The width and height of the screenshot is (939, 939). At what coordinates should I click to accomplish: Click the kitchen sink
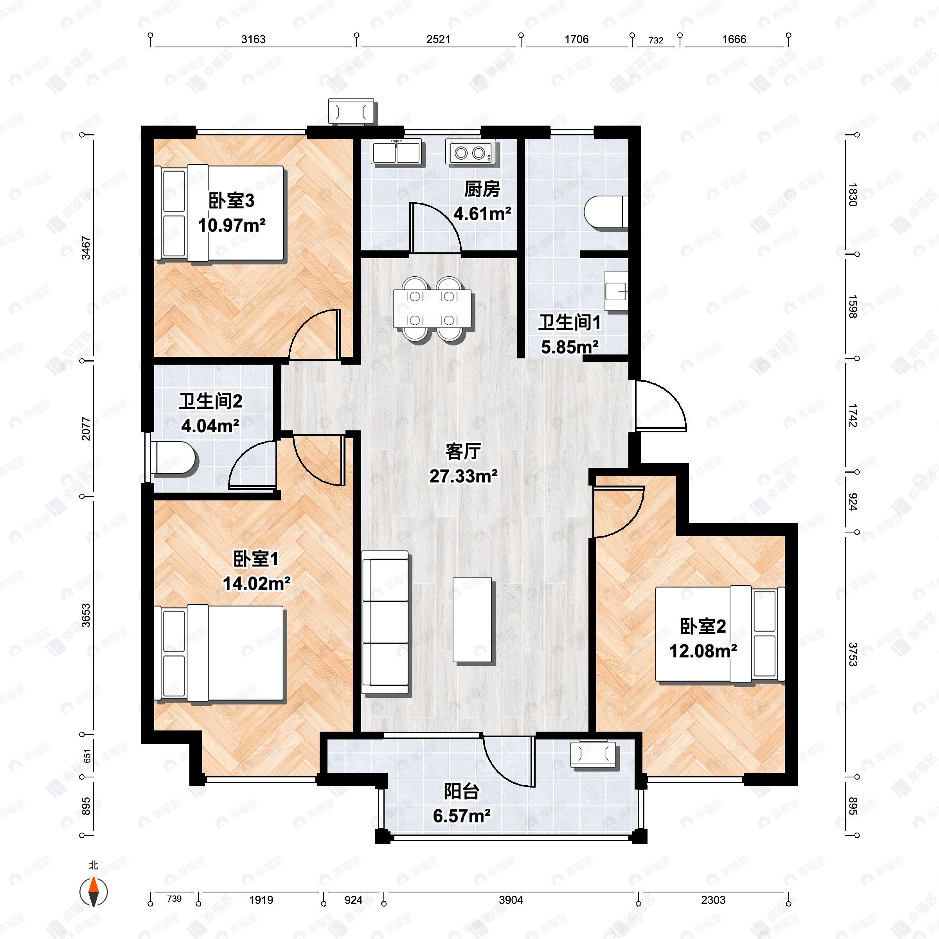(397, 152)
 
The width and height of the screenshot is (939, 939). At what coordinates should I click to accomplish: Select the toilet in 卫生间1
(606, 212)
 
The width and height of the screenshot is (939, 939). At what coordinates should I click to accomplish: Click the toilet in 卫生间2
(173, 458)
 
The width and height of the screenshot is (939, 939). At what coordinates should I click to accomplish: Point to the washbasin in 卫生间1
(616, 291)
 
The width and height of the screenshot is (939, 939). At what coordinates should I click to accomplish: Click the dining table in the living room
(432, 308)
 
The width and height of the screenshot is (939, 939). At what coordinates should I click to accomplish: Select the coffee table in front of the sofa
(472, 620)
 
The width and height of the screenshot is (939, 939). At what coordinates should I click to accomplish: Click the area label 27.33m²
(463, 476)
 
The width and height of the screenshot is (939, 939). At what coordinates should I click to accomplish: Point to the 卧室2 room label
(703, 626)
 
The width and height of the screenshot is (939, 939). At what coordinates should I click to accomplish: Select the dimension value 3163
(253, 40)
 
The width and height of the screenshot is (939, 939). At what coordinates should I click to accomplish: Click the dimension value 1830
(853, 194)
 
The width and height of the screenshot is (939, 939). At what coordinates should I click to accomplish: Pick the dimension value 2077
(86, 429)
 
